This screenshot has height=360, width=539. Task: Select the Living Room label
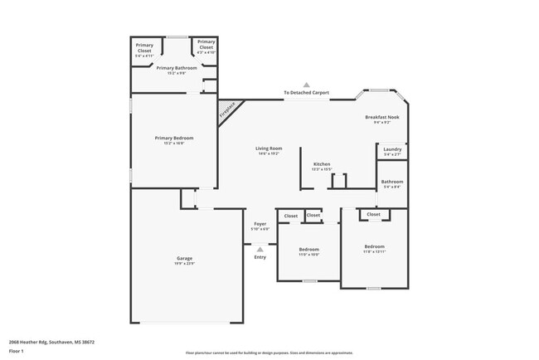point(268,150)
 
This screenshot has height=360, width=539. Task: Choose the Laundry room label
point(392,151)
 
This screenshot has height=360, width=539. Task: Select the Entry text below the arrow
point(260,256)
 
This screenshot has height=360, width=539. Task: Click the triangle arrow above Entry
point(260,248)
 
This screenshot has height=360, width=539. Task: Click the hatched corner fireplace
point(226,109)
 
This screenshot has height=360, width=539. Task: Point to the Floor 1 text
point(17,351)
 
